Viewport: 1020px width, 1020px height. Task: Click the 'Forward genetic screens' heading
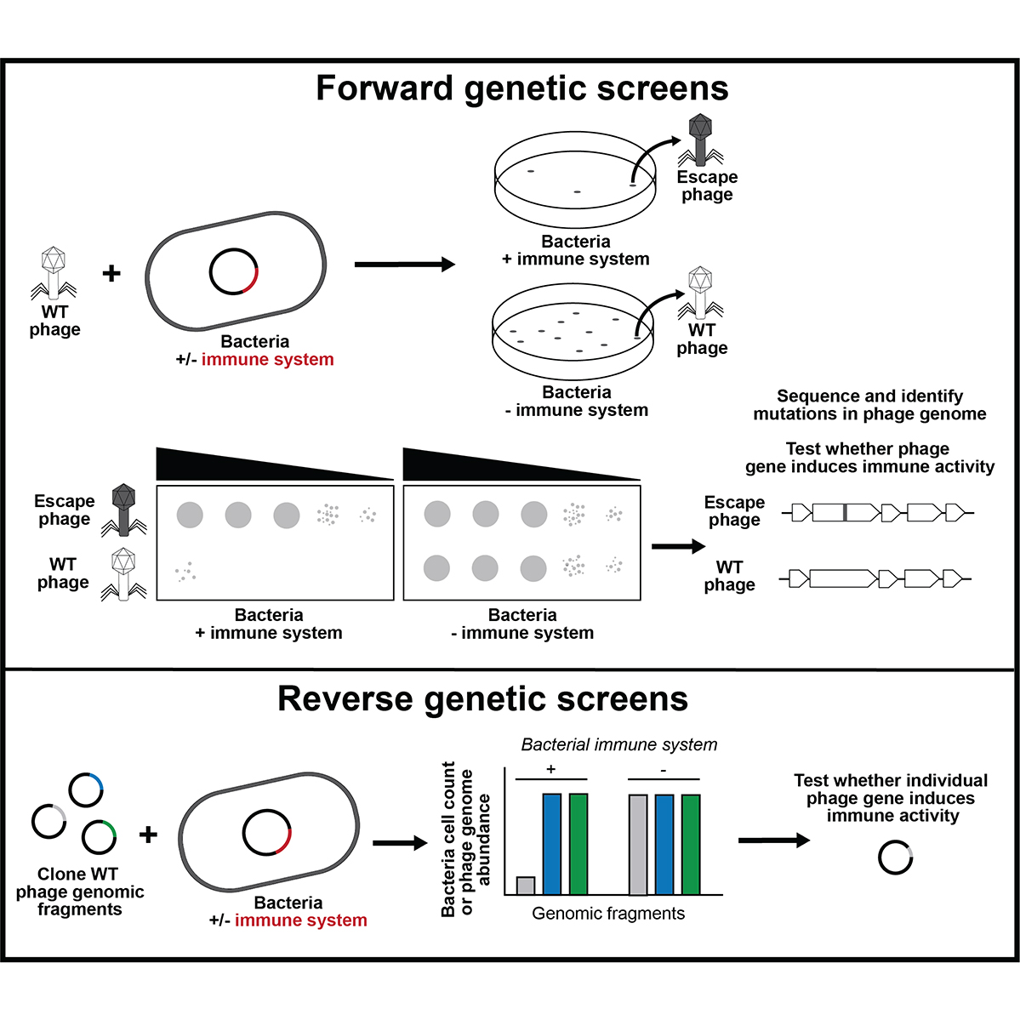[521, 88]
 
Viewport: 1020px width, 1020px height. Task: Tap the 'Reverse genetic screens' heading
[482, 699]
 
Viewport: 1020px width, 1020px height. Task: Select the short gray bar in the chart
[526, 886]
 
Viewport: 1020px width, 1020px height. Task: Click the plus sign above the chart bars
[551, 769]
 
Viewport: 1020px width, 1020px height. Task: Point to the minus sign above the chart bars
[663, 770]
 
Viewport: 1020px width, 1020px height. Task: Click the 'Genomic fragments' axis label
[608, 914]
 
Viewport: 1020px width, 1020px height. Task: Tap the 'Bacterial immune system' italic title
[618, 745]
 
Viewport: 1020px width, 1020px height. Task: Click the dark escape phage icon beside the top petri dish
[700, 140]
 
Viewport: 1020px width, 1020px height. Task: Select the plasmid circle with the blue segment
[86, 789]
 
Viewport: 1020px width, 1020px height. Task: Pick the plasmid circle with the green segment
[99, 836]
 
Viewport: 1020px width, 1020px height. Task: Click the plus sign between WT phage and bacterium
[112, 273]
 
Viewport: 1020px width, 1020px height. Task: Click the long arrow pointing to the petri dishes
[405, 264]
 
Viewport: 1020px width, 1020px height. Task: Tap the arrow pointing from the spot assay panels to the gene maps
[679, 546]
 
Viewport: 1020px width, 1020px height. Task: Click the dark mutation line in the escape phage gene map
[845, 513]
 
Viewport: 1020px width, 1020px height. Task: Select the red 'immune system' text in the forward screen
[267, 360]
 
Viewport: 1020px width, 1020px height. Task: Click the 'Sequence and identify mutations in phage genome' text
[869, 405]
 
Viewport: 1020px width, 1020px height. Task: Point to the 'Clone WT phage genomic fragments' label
[79, 892]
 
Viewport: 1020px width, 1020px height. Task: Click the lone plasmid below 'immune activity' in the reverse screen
[895, 858]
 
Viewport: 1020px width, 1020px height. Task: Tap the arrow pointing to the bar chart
[400, 844]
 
